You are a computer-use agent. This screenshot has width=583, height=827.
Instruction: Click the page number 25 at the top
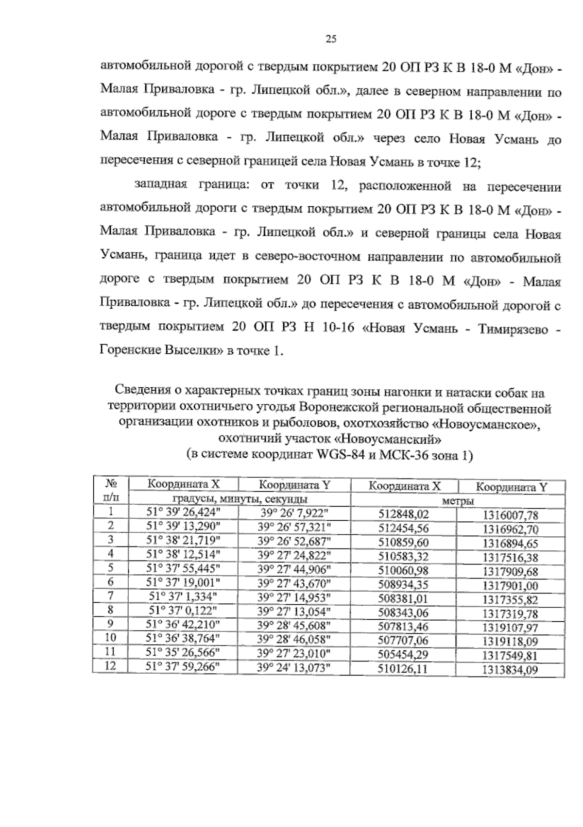coord(330,40)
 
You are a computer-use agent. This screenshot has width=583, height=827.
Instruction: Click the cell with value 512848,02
coord(404,514)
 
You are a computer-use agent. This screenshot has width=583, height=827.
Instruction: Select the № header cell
coord(111,484)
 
